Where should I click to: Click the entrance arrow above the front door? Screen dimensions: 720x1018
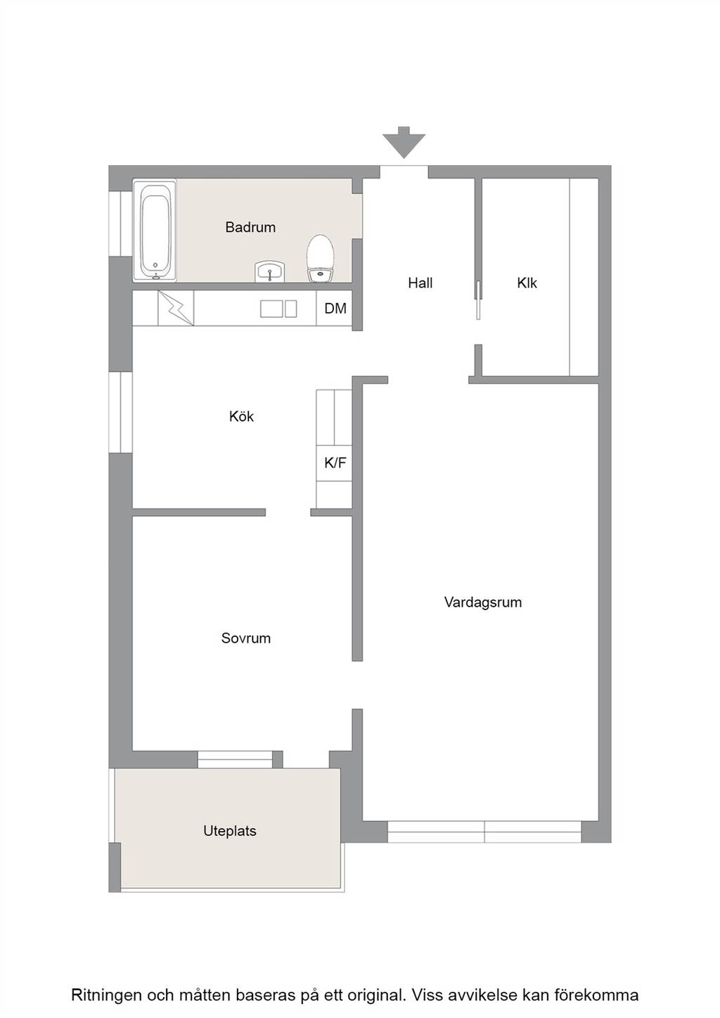404,142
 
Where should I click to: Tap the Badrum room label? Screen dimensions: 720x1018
250,227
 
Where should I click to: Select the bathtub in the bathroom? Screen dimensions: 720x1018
155,231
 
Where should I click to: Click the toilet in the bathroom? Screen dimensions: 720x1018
321,258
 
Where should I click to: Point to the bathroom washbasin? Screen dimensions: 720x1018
270,272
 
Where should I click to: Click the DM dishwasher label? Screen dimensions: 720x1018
335,309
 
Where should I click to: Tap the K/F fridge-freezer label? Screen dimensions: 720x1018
335,463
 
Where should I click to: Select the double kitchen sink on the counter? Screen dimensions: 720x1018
278,309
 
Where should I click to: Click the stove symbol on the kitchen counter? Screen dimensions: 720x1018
176,308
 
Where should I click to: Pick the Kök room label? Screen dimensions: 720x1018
241,416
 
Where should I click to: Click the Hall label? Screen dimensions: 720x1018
420,283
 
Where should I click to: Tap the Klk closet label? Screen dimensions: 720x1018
527,283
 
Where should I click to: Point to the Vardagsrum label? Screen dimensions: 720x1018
483,603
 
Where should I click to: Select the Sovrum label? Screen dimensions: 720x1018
246,638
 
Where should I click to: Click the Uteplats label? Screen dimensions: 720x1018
230,831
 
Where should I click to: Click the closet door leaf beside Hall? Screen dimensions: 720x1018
477,300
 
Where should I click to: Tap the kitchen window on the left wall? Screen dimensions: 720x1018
120,413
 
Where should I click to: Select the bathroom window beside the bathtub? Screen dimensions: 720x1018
120,224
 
